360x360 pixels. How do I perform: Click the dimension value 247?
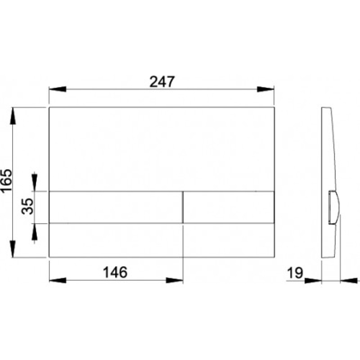(x=162, y=81)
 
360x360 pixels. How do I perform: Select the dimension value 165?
(x=6, y=180)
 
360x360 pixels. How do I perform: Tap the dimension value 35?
(x=27, y=206)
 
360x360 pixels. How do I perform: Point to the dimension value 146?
(x=115, y=272)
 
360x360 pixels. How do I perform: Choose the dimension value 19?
(x=295, y=273)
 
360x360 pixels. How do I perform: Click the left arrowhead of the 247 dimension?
(x=58, y=89)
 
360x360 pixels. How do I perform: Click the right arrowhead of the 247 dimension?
(x=265, y=89)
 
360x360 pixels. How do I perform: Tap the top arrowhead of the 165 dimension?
(x=13, y=116)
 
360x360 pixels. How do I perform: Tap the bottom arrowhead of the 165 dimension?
(x=13, y=249)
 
